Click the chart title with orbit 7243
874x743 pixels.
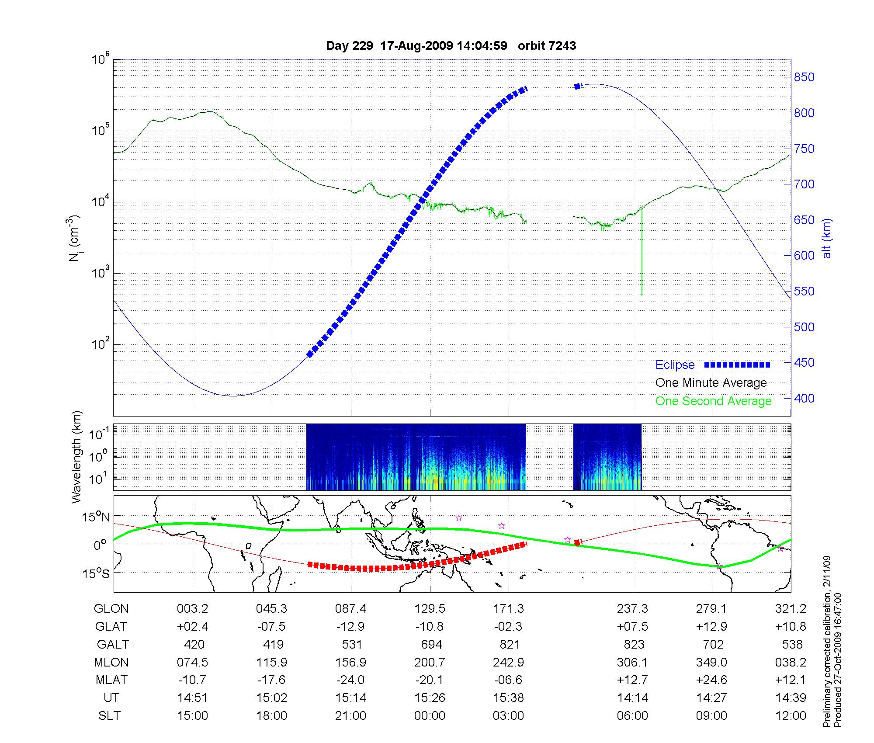(451, 46)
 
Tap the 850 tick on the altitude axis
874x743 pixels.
(805, 77)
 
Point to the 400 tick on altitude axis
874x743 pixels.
(805, 398)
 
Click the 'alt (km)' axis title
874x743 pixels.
(826, 238)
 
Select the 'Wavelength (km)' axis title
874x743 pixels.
(77, 457)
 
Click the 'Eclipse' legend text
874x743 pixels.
(675, 365)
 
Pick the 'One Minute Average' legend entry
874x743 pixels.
(711, 383)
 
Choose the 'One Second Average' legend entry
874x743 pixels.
(713, 401)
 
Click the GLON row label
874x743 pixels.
(111, 608)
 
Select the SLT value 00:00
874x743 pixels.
(430, 715)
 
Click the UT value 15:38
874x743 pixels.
(509, 698)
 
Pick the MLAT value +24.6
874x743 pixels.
(711, 680)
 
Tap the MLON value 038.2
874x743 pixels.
(791, 662)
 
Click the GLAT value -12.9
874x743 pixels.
(350, 626)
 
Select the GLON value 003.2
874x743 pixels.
(192, 608)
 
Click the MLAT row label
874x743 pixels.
(111, 680)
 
